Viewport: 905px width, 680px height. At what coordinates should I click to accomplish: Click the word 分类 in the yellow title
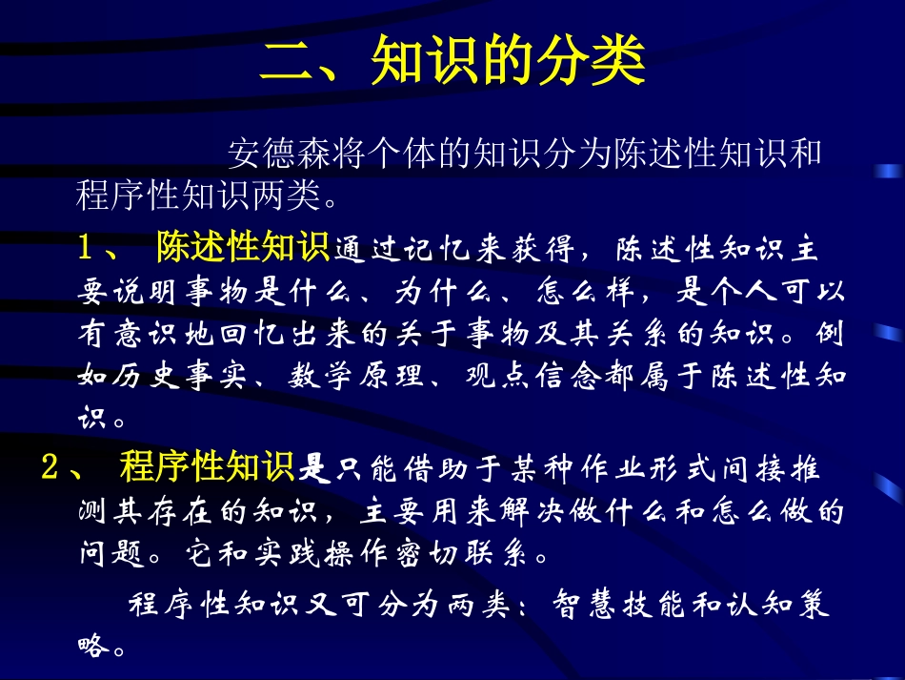[x=599, y=64]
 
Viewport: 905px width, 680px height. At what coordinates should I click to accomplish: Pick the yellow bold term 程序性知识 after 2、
[x=208, y=468]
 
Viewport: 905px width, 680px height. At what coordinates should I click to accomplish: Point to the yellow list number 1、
[x=99, y=249]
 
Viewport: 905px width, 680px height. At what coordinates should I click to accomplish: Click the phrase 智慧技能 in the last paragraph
[x=608, y=605]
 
